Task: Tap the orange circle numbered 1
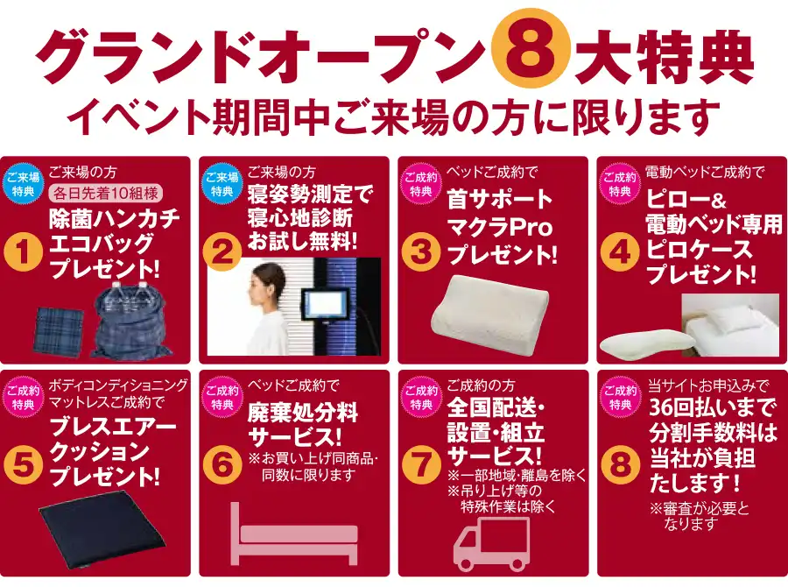coord(23,253)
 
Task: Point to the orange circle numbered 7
coord(421,465)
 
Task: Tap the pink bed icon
coord(294,534)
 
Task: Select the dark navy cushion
coord(102,537)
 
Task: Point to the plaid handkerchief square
coord(59,331)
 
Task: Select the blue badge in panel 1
coord(23,184)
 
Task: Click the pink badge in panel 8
coord(620,398)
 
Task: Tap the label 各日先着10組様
coord(106,193)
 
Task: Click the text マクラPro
coord(501,228)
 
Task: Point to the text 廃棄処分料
coord(303,414)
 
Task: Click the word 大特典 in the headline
coord(664,57)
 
